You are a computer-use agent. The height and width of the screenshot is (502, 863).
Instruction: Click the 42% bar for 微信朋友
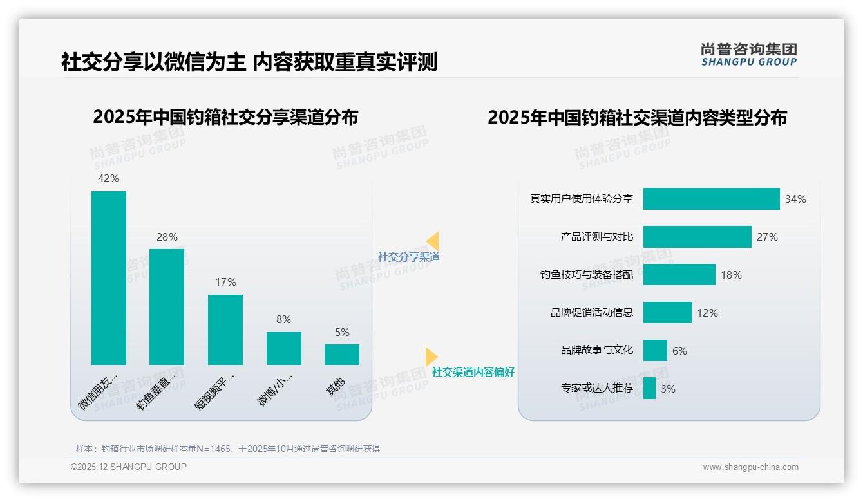pyautogui.click(x=109, y=277)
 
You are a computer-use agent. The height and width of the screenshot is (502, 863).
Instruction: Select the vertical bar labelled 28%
pyautogui.click(x=167, y=306)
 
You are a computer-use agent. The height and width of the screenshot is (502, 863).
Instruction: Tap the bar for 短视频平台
pyautogui.click(x=225, y=330)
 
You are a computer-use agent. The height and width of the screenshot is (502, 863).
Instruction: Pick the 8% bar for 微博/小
pyautogui.click(x=283, y=348)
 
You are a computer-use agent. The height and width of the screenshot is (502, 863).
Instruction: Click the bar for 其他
pyautogui.click(x=342, y=355)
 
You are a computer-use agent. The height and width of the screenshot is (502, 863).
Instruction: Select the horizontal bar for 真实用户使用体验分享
pyautogui.click(x=711, y=199)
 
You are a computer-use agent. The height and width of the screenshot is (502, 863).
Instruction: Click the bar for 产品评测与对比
pyautogui.click(x=697, y=237)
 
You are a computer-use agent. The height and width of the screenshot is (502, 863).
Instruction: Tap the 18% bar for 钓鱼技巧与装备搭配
pyautogui.click(x=679, y=275)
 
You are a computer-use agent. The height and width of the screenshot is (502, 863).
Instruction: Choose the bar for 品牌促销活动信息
pyautogui.click(x=667, y=313)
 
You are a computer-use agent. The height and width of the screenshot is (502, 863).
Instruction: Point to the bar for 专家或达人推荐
pyautogui.click(x=649, y=388)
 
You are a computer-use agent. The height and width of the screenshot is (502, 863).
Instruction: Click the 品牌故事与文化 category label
pyautogui.click(x=596, y=350)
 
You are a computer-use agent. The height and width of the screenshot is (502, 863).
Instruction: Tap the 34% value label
pyautogui.click(x=795, y=200)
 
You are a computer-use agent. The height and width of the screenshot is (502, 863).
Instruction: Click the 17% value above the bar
pyautogui.click(x=225, y=282)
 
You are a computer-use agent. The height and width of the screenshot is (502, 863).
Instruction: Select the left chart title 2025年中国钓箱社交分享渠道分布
pyautogui.click(x=225, y=118)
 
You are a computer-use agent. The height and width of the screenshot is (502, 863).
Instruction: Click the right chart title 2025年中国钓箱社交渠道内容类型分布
pyautogui.click(x=637, y=118)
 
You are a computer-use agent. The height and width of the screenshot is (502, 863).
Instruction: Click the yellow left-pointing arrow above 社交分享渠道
pyautogui.click(x=433, y=241)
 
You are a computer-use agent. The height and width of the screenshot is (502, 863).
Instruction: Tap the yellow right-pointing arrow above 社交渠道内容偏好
pyautogui.click(x=431, y=356)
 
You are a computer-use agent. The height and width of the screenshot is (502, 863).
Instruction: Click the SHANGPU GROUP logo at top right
pyautogui.click(x=748, y=55)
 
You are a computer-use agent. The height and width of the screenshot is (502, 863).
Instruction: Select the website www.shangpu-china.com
pyautogui.click(x=750, y=467)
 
